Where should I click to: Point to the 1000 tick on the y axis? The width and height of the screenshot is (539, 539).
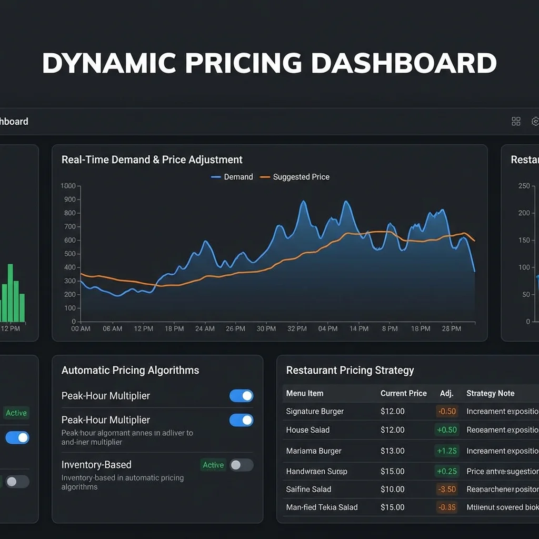click(x=68, y=186)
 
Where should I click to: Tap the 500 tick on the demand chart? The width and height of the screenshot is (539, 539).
click(x=69, y=254)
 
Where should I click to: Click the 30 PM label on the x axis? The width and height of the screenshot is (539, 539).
click(x=266, y=328)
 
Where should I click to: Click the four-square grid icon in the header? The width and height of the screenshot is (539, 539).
click(x=516, y=122)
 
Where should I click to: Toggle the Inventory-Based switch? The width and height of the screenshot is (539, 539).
click(x=242, y=465)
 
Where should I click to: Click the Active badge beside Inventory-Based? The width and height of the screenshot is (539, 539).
click(x=213, y=465)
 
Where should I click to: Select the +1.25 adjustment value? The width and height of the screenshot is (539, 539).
click(x=447, y=451)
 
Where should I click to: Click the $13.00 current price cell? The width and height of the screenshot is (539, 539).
click(x=392, y=451)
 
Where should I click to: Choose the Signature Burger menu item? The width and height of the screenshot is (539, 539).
click(x=315, y=411)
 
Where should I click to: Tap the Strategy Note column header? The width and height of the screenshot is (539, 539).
click(x=490, y=393)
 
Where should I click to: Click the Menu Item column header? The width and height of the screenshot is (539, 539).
click(x=305, y=393)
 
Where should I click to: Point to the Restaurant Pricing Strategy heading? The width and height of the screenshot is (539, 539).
click(x=350, y=370)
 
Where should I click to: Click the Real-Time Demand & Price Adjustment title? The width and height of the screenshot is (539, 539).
click(x=152, y=159)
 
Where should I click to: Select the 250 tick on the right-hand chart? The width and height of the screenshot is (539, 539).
click(x=524, y=186)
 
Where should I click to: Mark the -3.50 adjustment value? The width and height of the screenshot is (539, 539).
click(x=447, y=489)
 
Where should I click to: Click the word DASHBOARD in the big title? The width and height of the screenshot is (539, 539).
click(x=404, y=64)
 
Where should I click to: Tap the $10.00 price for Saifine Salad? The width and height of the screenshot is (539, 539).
click(x=392, y=489)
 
